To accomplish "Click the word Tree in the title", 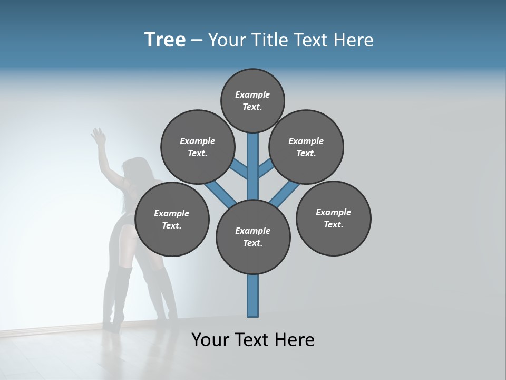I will point(165,40).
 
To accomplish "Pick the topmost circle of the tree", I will point(252,100).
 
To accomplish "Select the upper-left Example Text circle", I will point(197,147).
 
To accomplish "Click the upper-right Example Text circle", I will point(306,147).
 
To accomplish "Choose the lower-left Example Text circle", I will point(172,219).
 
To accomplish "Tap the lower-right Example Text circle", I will point(334,218).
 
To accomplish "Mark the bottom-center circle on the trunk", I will point(253,236).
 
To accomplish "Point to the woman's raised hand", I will point(98,137).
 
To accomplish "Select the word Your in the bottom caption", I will point(210,340).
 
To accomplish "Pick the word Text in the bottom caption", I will point(254,340).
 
